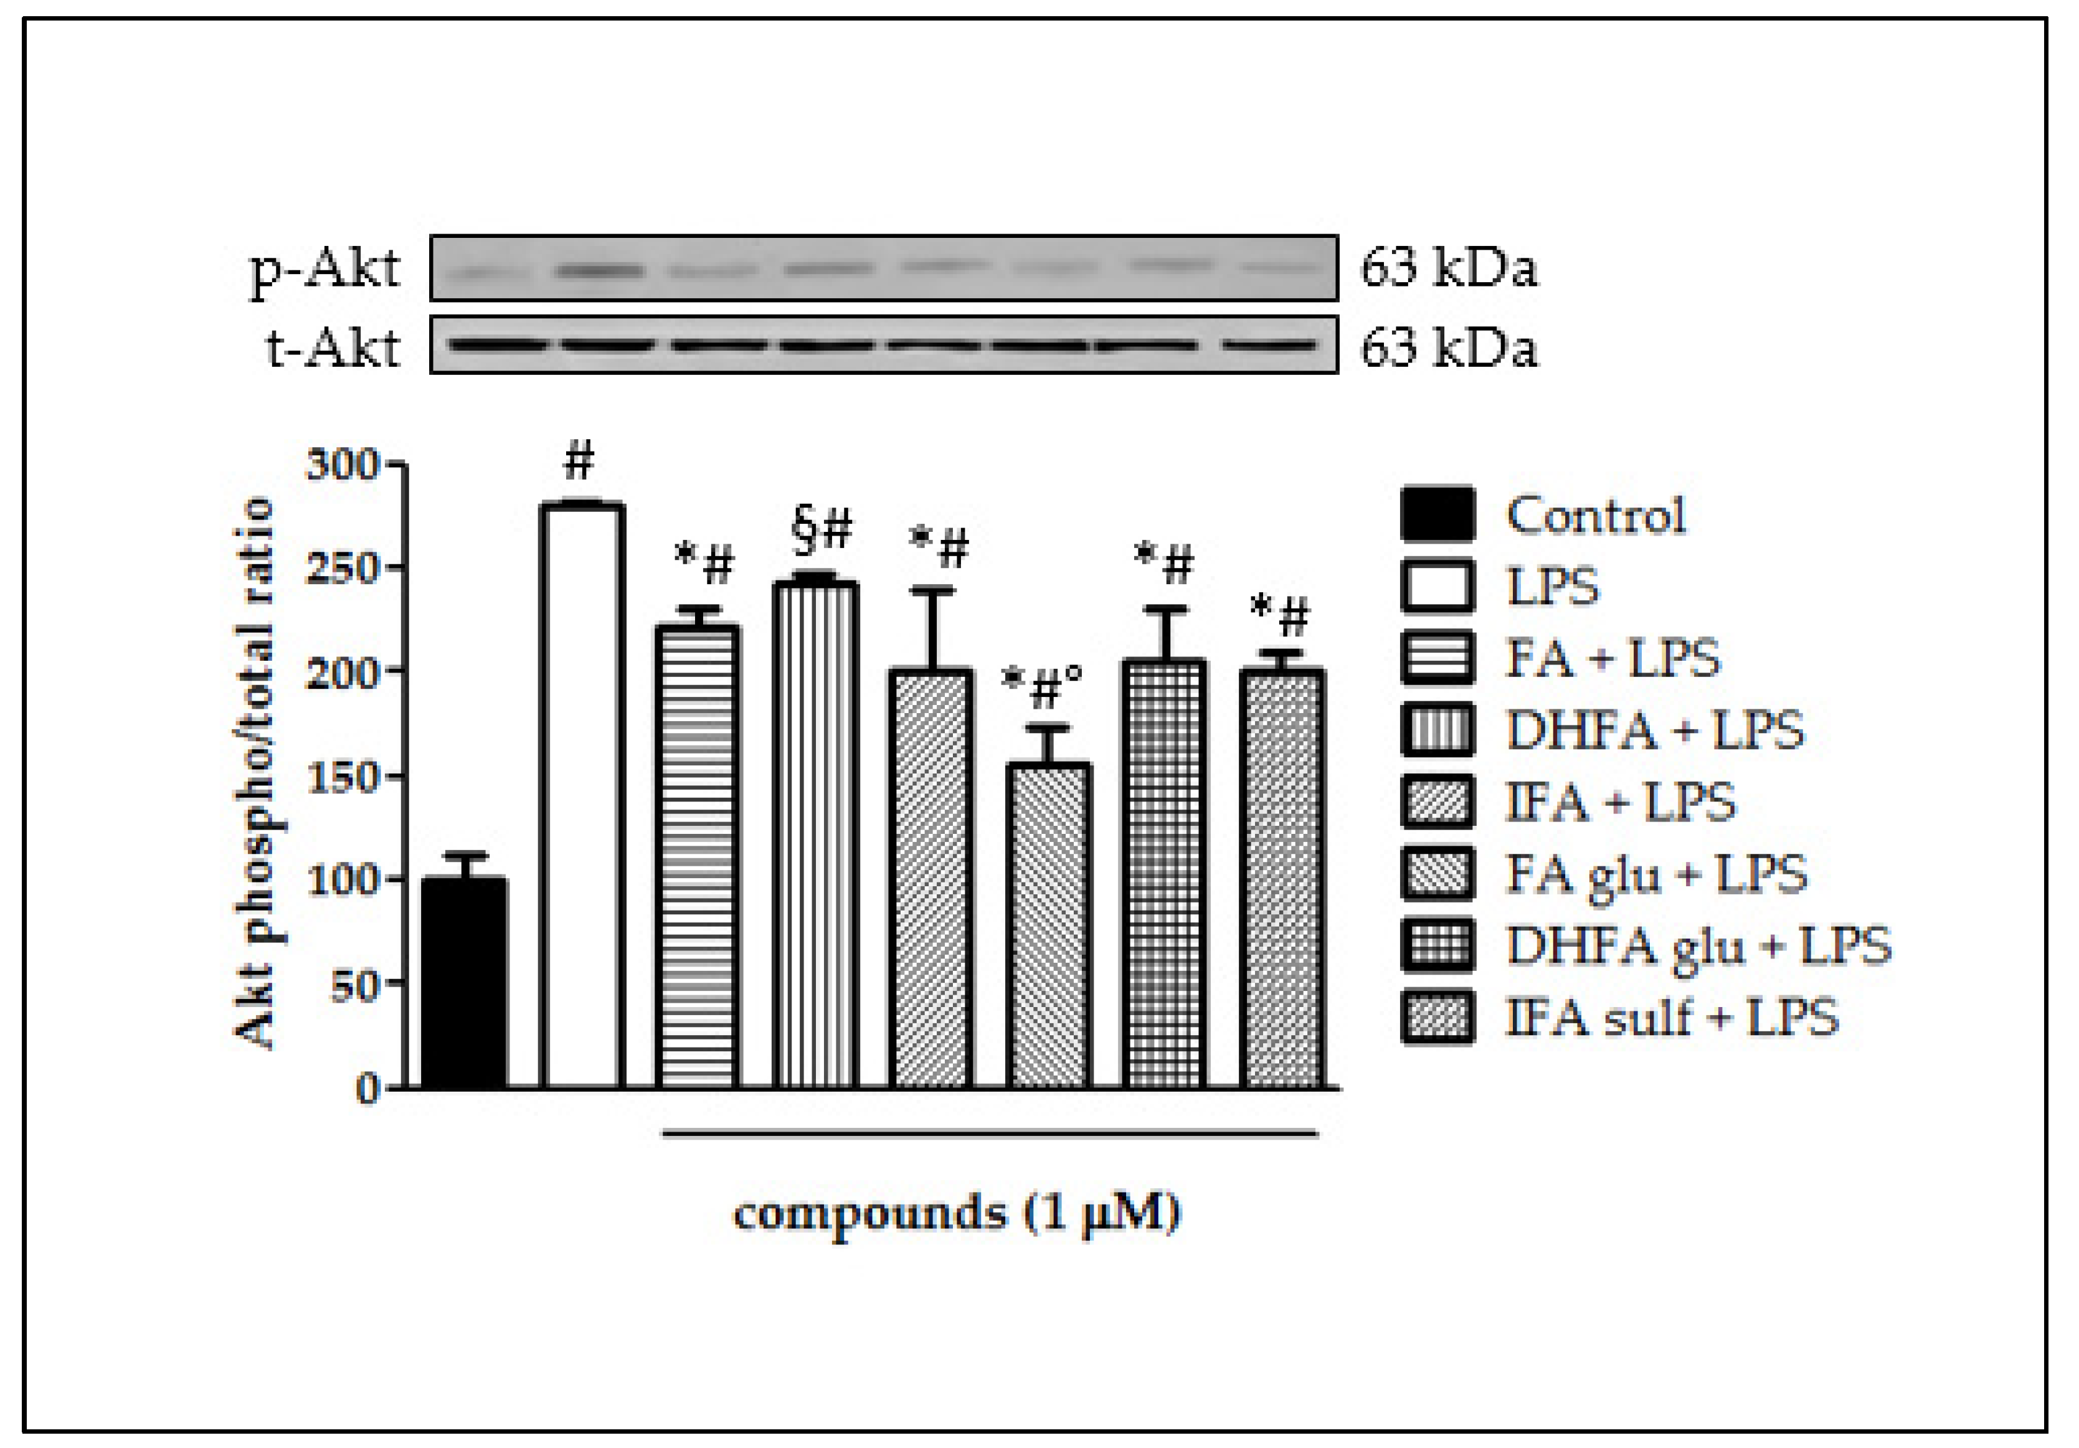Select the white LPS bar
pos(581,797)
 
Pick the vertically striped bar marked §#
pos(815,835)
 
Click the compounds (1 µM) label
pos(956,1213)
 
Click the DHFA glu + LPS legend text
pos(1698,946)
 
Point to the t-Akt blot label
pos(333,348)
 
